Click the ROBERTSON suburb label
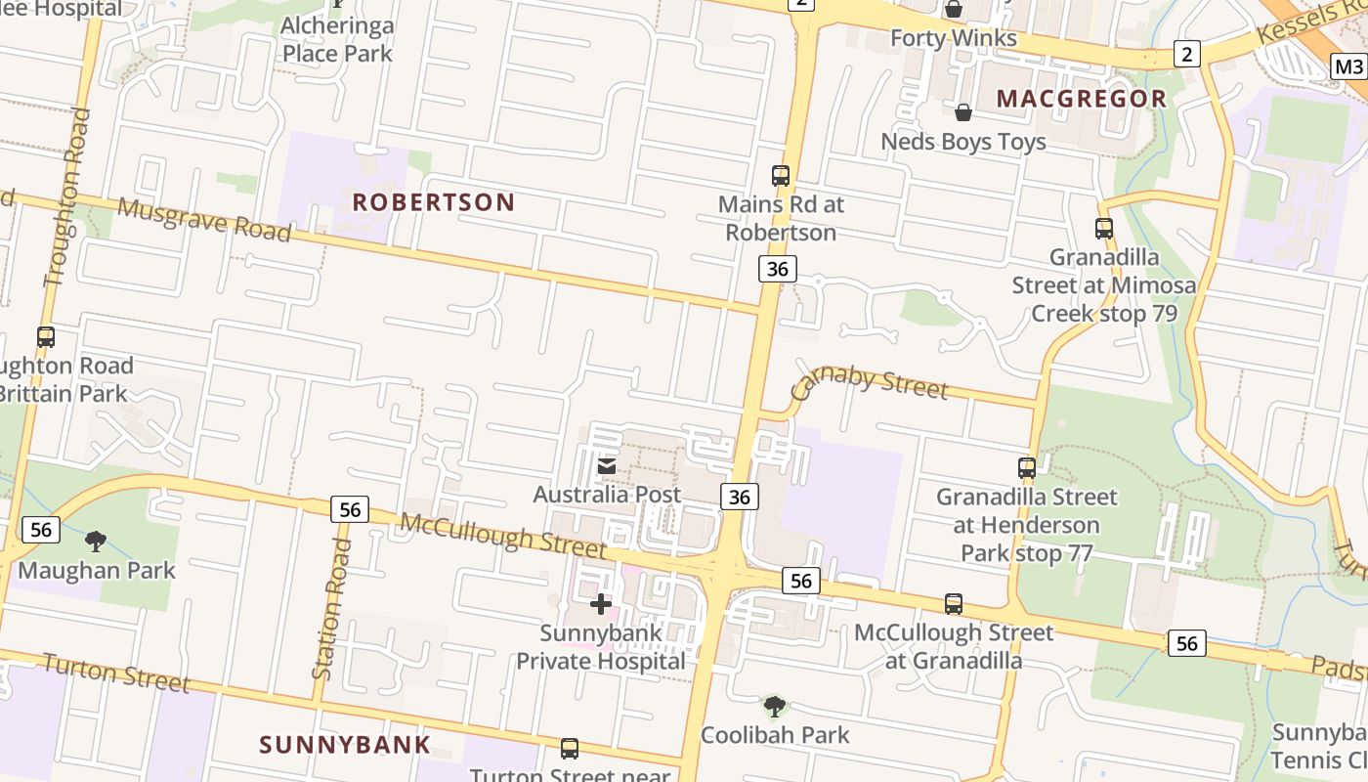click(x=433, y=202)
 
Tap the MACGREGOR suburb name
click(x=1082, y=99)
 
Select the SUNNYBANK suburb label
click(x=344, y=745)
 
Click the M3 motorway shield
click(x=1348, y=66)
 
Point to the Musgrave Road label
click(x=204, y=220)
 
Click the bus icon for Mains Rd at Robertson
click(x=780, y=176)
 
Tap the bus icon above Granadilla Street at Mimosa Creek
click(x=1103, y=229)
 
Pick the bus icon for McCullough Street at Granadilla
click(x=954, y=604)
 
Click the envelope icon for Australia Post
click(x=607, y=466)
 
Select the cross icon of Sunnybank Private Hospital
click(x=600, y=604)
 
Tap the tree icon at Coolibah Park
click(x=774, y=705)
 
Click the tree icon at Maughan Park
click(x=96, y=541)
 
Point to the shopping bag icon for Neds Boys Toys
click(x=962, y=112)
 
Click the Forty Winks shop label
click(x=954, y=38)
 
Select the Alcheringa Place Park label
click(x=337, y=38)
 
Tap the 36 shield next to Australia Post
click(x=739, y=497)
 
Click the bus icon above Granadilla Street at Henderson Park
click(x=1026, y=467)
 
